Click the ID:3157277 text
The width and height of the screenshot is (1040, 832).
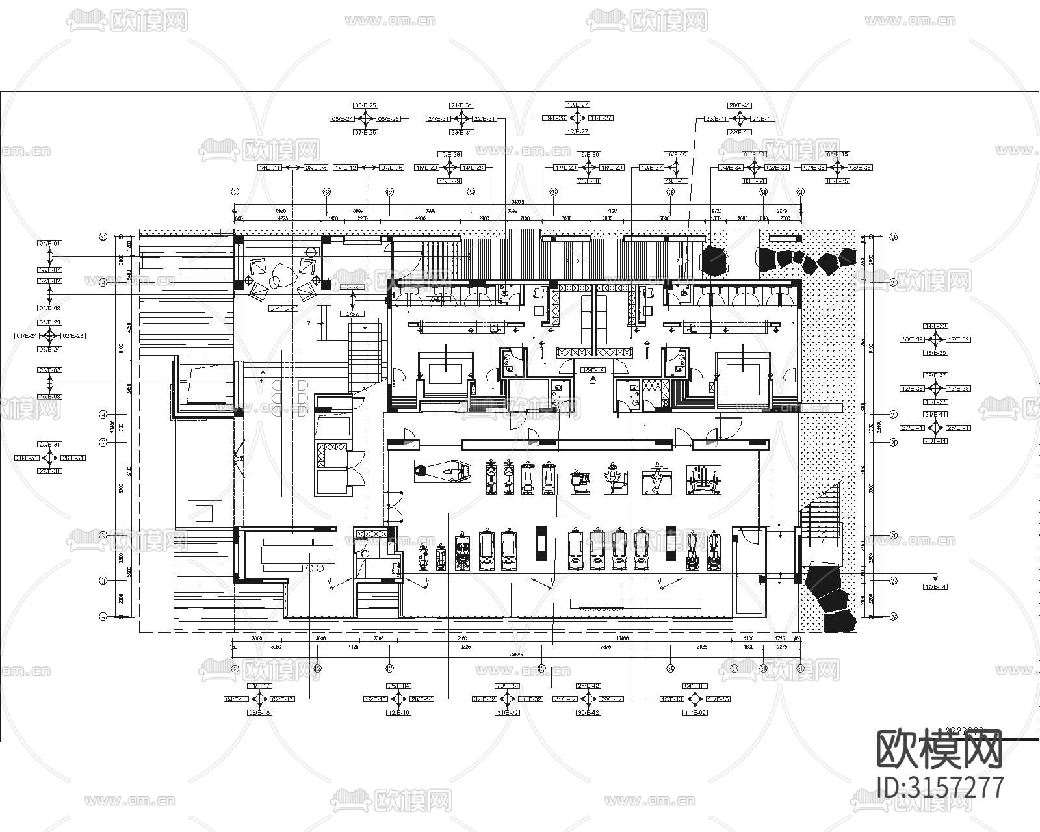(x=941, y=787)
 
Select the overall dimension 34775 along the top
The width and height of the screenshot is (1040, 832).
(x=517, y=202)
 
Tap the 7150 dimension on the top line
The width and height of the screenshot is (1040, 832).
(x=611, y=211)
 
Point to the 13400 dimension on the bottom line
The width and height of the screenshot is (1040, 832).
(x=622, y=639)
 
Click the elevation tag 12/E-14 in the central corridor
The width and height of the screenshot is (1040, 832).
(x=593, y=369)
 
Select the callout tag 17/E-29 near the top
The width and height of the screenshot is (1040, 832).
(x=565, y=168)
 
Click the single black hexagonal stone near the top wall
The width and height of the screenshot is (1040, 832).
(x=715, y=260)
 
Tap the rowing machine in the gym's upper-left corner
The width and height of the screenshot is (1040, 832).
(x=443, y=470)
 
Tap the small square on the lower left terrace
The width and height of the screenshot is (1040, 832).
(x=204, y=513)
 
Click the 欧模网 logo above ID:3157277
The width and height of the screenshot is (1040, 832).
(x=940, y=749)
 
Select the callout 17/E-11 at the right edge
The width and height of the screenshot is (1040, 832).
(x=935, y=587)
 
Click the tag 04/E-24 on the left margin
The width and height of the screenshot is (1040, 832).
(x=27, y=336)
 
